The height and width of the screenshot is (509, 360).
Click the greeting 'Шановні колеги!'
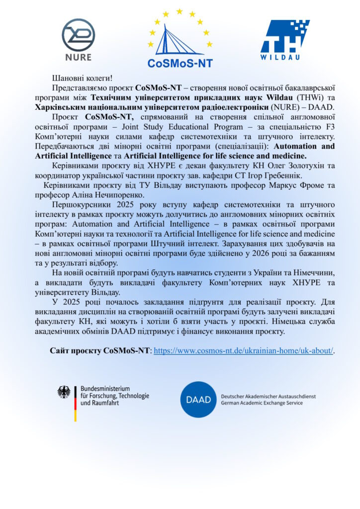pos(83,78)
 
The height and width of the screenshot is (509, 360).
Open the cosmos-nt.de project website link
pos(244,350)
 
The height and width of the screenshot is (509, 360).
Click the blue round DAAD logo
pos(198,399)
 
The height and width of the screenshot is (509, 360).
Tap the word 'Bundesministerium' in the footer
pos(105,388)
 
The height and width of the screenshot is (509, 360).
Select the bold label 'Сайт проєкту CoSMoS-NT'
pos(99,350)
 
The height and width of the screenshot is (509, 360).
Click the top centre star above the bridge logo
pos(180,11)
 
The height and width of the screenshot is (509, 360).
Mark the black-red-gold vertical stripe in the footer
pos(76,403)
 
